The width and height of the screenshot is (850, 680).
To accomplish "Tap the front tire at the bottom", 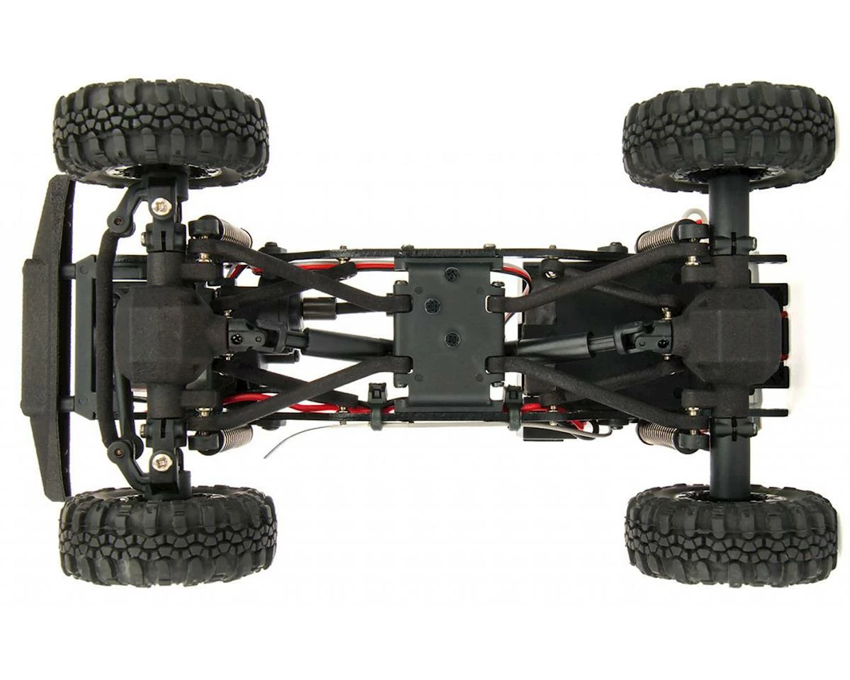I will click(168, 535).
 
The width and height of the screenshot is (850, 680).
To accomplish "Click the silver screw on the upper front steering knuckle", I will click(161, 206).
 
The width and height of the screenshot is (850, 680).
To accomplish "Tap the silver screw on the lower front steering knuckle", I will click(161, 462).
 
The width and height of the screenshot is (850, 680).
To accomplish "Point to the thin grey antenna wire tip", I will click(267, 455).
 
